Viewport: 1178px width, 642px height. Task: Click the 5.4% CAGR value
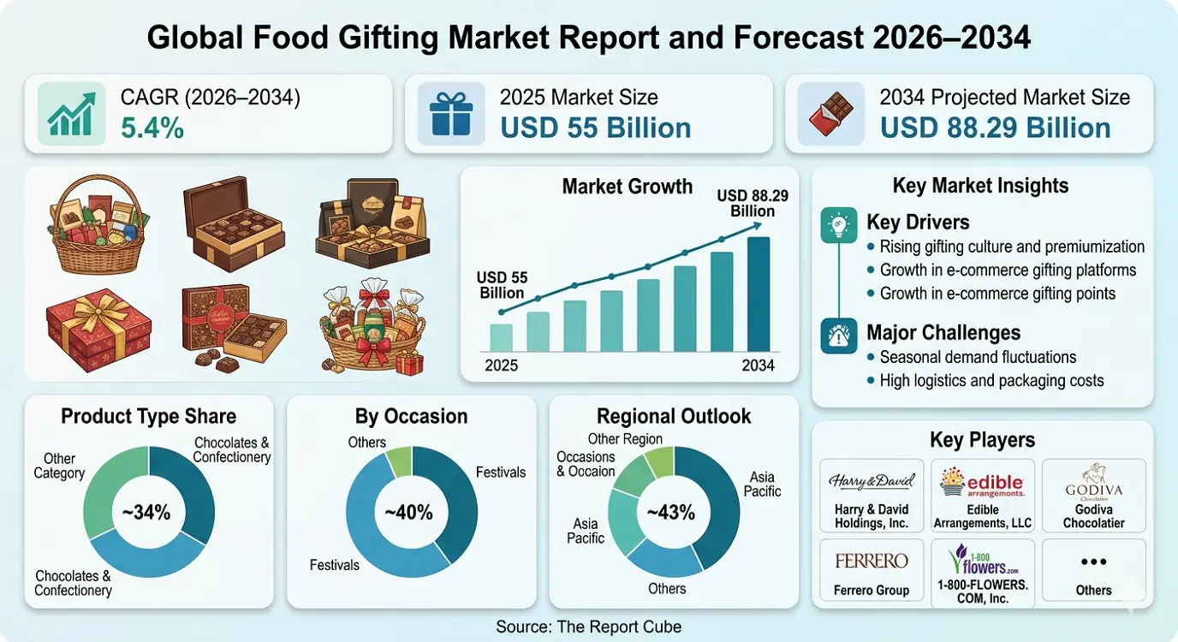pyautogui.click(x=152, y=128)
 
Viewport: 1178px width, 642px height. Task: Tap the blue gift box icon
pyautogui.click(x=450, y=114)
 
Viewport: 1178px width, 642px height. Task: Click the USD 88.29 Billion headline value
pyautogui.click(x=995, y=128)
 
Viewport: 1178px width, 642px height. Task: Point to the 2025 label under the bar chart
pyautogui.click(x=501, y=366)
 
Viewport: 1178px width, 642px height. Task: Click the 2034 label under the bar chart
pyautogui.click(x=757, y=366)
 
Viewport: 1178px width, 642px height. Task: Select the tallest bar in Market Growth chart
pyautogui.click(x=759, y=294)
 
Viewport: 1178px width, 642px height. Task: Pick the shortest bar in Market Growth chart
pyautogui.click(x=501, y=337)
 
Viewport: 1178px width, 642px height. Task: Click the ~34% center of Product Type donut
pyautogui.click(x=148, y=513)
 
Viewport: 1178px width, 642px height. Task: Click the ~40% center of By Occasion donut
pyautogui.click(x=409, y=513)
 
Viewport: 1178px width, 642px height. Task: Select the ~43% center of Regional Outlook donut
pyautogui.click(x=670, y=513)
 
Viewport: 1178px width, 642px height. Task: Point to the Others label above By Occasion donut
pyautogui.click(x=367, y=443)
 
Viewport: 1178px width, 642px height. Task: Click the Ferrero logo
pyautogui.click(x=871, y=562)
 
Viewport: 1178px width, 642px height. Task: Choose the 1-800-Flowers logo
pyautogui.click(x=982, y=561)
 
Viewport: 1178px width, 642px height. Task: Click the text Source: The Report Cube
pyautogui.click(x=589, y=627)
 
